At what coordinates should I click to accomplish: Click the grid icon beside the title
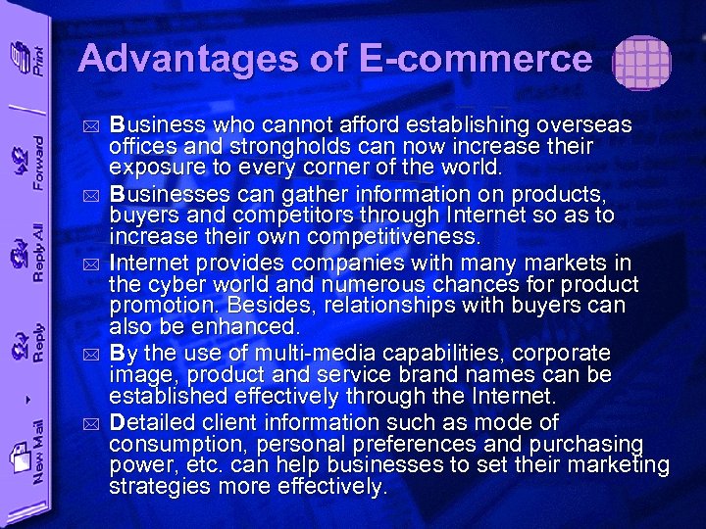point(641,64)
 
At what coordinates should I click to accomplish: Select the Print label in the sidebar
point(36,61)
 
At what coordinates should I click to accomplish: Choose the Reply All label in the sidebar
point(36,253)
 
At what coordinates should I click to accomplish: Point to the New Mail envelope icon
point(18,455)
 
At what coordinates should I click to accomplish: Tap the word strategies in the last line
point(155,486)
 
